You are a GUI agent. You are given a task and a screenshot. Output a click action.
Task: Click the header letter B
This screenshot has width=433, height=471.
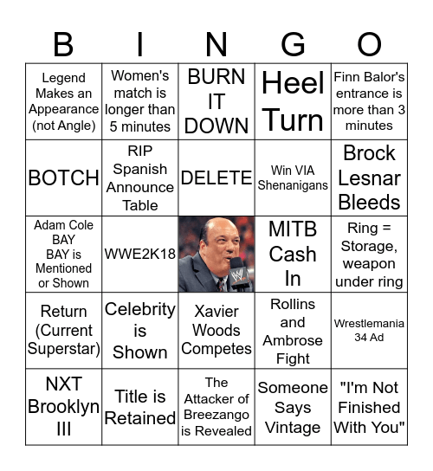pyautogui.click(x=64, y=43)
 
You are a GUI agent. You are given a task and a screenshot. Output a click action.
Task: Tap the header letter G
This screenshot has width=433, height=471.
pyautogui.click(x=293, y=43)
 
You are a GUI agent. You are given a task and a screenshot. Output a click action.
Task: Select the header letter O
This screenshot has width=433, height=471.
pyautogui.click(x=369, y=43)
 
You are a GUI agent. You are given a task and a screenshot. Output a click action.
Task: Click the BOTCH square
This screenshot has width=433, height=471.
pyautogui.click(x=64, y=177)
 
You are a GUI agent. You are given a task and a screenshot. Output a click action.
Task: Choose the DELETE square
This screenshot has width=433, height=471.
pyautogui.click(x=216, y=177)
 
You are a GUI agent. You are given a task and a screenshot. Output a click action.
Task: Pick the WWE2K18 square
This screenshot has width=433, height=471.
pyautogui.click(x=140, y=255)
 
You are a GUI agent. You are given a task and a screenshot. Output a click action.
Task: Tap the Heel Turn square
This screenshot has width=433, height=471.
pyautogui.click(x=293, y=101)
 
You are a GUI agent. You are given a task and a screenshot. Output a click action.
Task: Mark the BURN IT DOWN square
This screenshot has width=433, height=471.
pyautogui.click(x=216, y=101)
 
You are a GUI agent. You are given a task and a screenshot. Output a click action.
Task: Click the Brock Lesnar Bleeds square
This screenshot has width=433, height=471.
pyautogui.click(x=369, y=177)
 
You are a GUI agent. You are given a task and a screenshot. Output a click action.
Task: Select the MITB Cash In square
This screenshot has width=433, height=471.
pyautogui.click(x=293, y=255)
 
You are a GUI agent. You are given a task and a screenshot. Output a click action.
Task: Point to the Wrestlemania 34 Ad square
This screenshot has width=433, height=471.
pyautogui.click(x=369, y=330)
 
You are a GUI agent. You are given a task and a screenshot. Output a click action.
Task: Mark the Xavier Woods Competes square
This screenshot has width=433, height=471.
pyautogui.click(x=216, y=330)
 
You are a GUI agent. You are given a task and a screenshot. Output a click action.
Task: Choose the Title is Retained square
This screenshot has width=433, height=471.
pyautogui.click(x=140, y=407)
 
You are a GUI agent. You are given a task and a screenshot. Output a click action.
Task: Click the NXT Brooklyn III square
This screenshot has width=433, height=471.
pyautogui.click(x=64, y=407)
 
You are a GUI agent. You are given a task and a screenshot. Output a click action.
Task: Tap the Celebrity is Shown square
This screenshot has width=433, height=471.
pyautogui.click(x=140, y=330)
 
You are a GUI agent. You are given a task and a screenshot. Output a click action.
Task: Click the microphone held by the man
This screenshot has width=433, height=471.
pyautogui.click(x=237, y=274)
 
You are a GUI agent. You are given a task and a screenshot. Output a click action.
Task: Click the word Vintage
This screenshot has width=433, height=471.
pyautogui.click(x=293, y=428)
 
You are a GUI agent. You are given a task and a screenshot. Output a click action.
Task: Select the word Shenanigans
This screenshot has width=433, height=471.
pyautogui.click(x=293, y=185)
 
